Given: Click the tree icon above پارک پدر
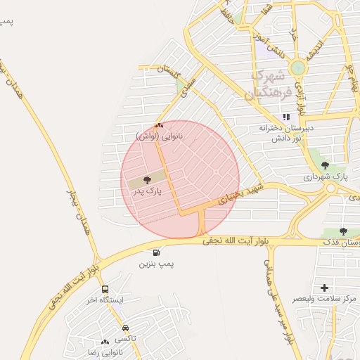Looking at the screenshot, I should click(x=146, y=181).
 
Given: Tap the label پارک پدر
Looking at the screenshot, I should click(x=146, y=191).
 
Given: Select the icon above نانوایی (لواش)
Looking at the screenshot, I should click(x=158, y=126).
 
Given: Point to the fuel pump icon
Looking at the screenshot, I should click(x=155, y=252).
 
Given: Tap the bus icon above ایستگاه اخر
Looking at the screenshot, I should click(x=105, y=289).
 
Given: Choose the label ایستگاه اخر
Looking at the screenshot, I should click(x=105, y=300).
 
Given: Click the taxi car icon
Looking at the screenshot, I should click(x=125, y=328).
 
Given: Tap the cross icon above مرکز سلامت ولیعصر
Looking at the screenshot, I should click(x=324, y=288).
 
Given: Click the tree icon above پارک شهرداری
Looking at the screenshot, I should click(x=324, y=166).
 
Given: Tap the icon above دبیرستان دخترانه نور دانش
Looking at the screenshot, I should click(x=285, y=117).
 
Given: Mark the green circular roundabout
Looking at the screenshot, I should click(x=298, y=68).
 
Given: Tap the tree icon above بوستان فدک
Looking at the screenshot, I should click(x=343, y=231).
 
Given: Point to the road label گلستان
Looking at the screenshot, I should click(x=169, y=71).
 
